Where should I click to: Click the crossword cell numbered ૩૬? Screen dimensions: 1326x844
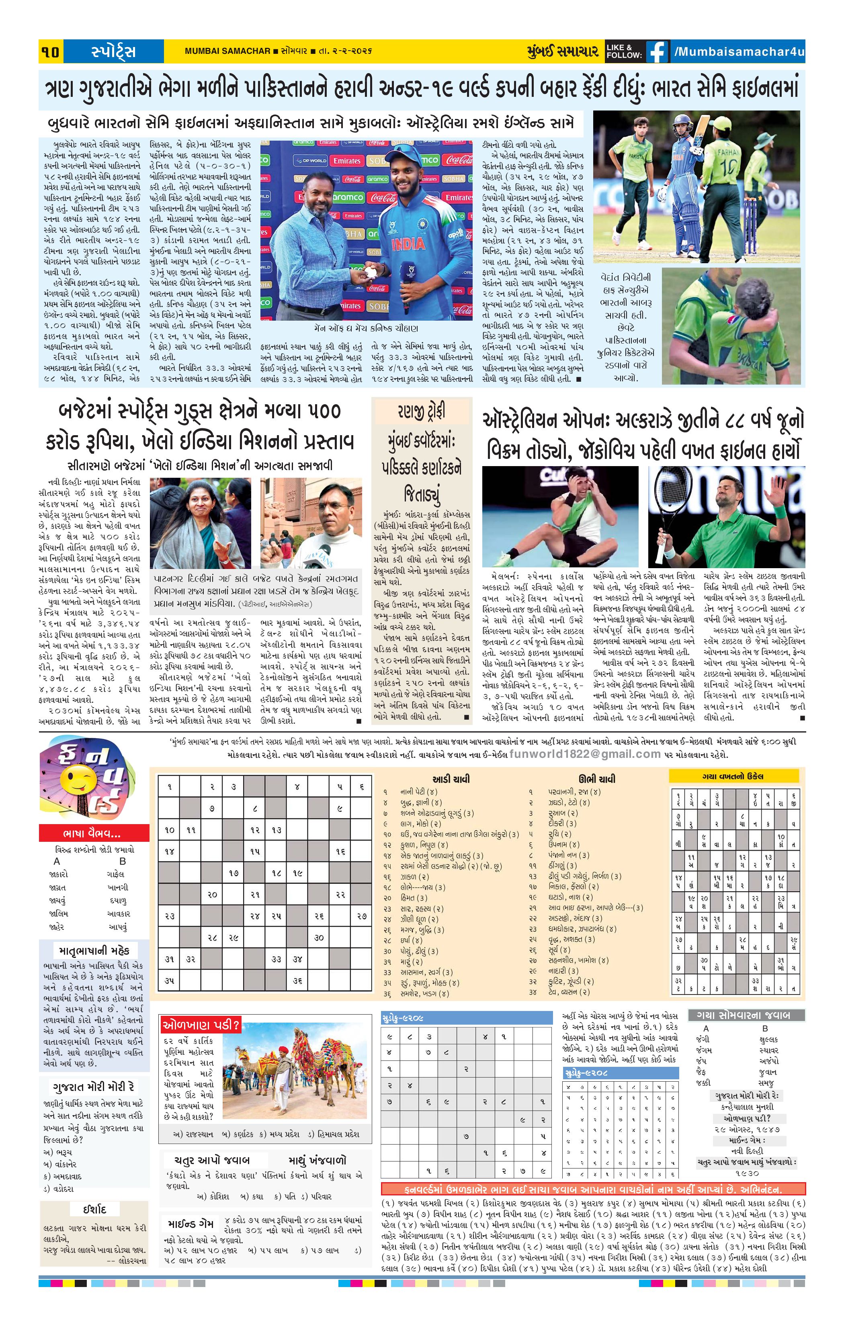coord(297,981)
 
